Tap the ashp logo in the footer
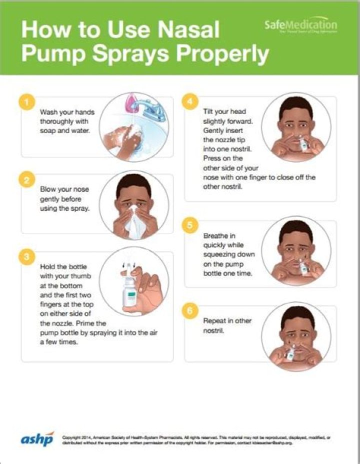coord(37,439)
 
